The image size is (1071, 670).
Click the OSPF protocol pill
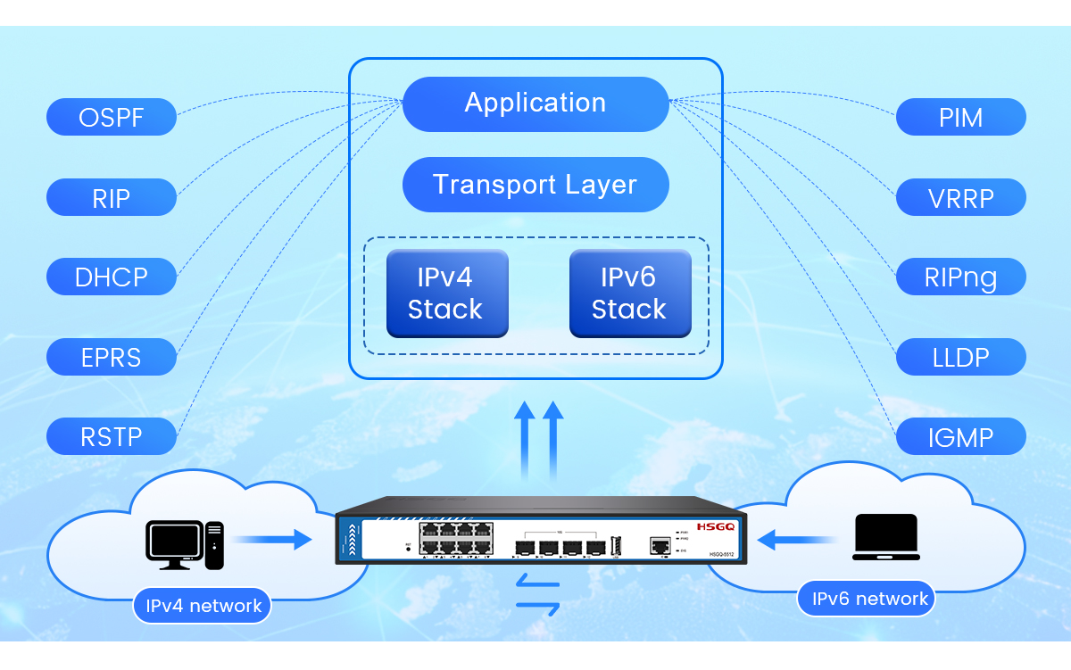click(x=112, y=117)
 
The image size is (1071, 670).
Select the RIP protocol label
click(x=112, y=197)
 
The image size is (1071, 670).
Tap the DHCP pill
click(x=112, y=277)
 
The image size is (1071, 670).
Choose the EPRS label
click(x=112, y=357)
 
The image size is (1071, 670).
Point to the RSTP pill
click(x=112, y=436)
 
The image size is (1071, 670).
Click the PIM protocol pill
click(x=960, y=117)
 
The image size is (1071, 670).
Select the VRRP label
click(x=960, y=197)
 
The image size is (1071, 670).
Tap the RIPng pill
click(x=960, y=277)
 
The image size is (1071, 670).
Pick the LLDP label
click(x=960, y=357)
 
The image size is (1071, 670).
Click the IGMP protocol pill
click(x=960, y=437)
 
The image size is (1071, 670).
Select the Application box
click(x=535, y=103)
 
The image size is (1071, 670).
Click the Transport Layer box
click(x=535, y=185)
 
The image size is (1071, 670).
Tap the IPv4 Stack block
click(x=446, y=294)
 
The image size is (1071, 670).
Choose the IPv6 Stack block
click(x=630, y=294)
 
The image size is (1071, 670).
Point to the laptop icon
click(x=885, y=537)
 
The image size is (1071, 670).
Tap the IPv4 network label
click(x=203, y=606)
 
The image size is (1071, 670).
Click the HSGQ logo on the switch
click(x=715, y=527)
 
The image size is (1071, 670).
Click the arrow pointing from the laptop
click(x=796, y=538)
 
